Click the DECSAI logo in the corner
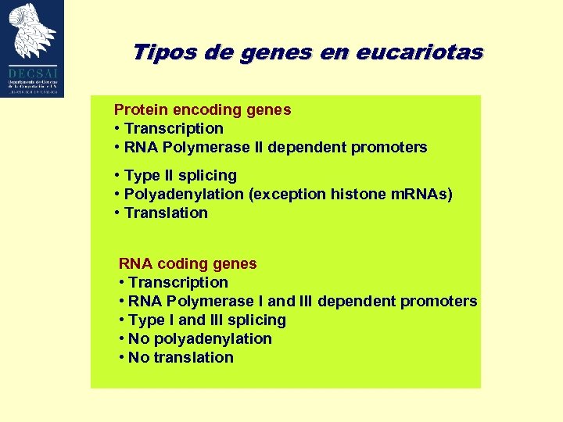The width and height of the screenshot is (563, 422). click(x=33, y=48)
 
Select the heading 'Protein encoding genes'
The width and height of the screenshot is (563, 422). click(x=203, y=110)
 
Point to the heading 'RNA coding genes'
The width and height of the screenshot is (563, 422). click(x=188, y=264)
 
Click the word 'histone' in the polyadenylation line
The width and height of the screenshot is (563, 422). click(x=350, y=195)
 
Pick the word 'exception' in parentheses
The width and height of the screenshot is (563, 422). click(x=284, y=195)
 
